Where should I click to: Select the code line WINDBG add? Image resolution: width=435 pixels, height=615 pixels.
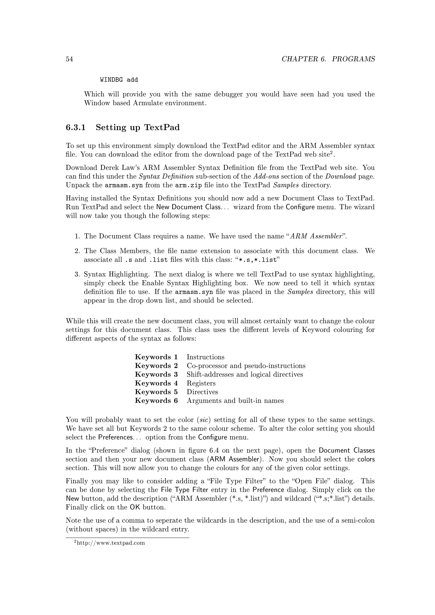pos(119,80)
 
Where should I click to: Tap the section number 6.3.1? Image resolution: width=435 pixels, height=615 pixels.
pos(76,127)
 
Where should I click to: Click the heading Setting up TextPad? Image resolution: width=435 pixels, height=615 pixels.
pos(138,127)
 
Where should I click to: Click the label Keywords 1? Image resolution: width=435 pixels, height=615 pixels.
pos(156,357)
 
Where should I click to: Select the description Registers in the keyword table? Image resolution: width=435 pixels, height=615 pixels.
pos(201,383)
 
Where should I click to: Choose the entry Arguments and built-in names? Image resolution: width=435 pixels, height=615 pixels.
pos(235,401)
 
